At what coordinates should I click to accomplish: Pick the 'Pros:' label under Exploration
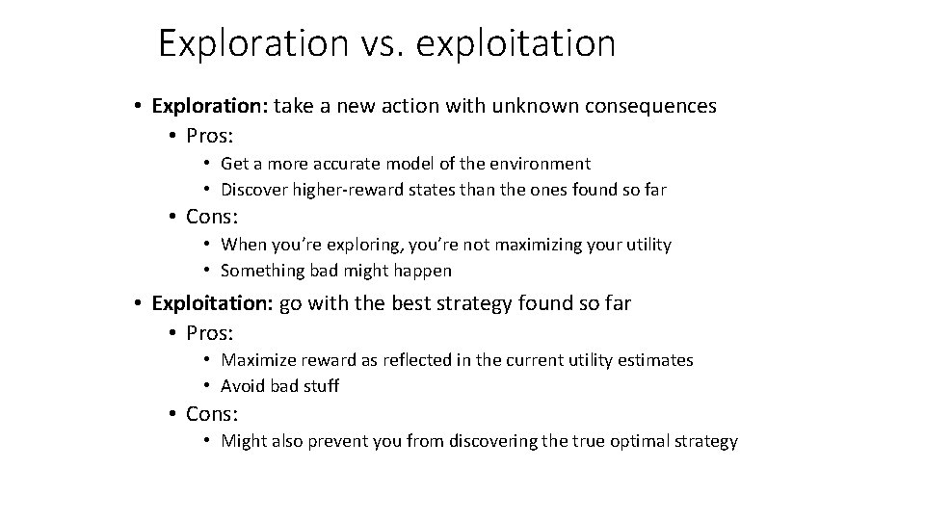coord(210,135)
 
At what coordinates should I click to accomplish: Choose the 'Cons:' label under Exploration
coord(212,216)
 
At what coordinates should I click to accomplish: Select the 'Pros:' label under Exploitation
coord(210,333)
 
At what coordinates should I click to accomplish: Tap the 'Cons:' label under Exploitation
coord(212,414)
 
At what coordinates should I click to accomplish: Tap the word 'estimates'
coord(657,360)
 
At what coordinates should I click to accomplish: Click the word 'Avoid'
coord(242,386)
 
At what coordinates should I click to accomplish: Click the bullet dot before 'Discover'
coord(207,190)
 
